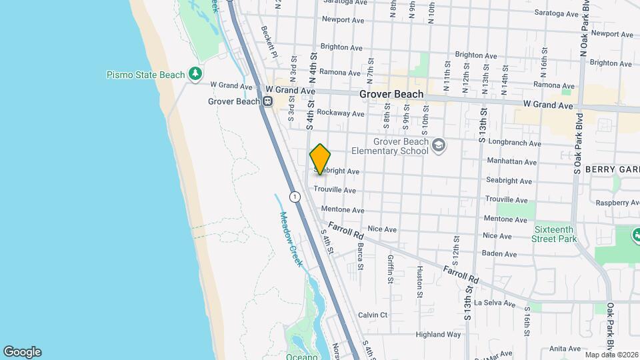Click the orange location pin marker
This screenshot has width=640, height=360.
pyautogui.click(x=320, y=159)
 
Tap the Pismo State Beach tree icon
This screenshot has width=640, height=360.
pyautogui.click(x=195, y=73)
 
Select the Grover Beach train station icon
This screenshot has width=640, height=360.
pyautogui.click(x=267, y=101)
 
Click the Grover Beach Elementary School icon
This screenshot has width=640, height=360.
pyautogui.click(x=438, y=145)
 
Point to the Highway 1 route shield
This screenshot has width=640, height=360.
pyautogui.click(x=294, y=196)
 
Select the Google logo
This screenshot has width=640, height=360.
pyautogui.click(x=22, y=351)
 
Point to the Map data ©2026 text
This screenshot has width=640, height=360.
pyautogui.click(x=611, y=354)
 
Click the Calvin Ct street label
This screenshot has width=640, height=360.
pyautogui.click(x=373, y=315)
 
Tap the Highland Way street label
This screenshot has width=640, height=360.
pyautogui.click(x=438, y=334)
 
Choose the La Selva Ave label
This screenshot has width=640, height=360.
pyautogui.click(x=494, y=303)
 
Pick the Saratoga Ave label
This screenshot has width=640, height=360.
pyautogui.click(x=345, y=2)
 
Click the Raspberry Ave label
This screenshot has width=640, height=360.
pyautogui.click(x=618, y=203)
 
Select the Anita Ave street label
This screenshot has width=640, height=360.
pyautogui.click(x=566, y=348)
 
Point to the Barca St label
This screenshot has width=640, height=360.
pyautogui.click(x=360, y=256)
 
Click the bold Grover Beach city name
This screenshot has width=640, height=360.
pyautogui.click(x=391, y=94)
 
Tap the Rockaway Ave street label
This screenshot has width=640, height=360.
pyautogui.click(x=341, y=113)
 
